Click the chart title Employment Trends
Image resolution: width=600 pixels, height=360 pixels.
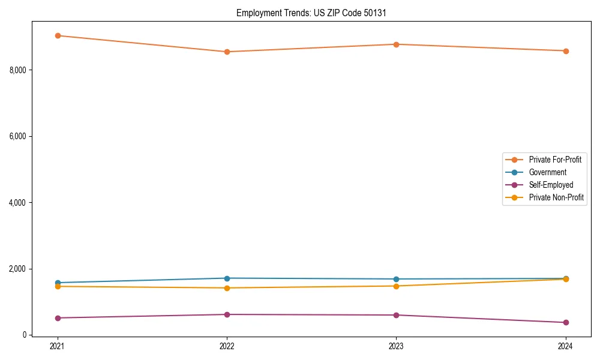(x=311, y=13)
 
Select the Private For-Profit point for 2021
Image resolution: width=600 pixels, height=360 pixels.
(x=58, y=35)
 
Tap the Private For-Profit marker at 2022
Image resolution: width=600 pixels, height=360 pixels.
(x=227, y=52)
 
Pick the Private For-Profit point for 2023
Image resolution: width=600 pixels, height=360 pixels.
(x=396, y=44)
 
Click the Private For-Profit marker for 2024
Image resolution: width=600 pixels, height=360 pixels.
(x=565, y=51)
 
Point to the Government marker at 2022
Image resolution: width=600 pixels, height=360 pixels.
(x=227, y=278)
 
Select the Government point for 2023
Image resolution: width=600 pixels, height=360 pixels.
(x=396, y=279)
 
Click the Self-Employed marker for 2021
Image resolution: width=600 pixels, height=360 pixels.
(x=58, y=318)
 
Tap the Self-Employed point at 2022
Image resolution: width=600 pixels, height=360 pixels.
(x=227, y=314)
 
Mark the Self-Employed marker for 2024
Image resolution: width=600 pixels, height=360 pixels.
(x=565, y=322)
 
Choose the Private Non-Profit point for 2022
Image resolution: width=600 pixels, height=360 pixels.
(x=227, y=288)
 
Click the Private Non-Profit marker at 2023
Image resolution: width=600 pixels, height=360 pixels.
(x=396, y=286)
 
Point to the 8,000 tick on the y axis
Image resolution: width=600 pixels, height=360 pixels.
(x=18, y=70)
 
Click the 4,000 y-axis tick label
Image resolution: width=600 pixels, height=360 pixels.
(x=18, y=203)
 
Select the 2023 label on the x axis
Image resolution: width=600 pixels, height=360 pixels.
(x=396, y=346)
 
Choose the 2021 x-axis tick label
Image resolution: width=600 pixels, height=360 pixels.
(x=58, y=346)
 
